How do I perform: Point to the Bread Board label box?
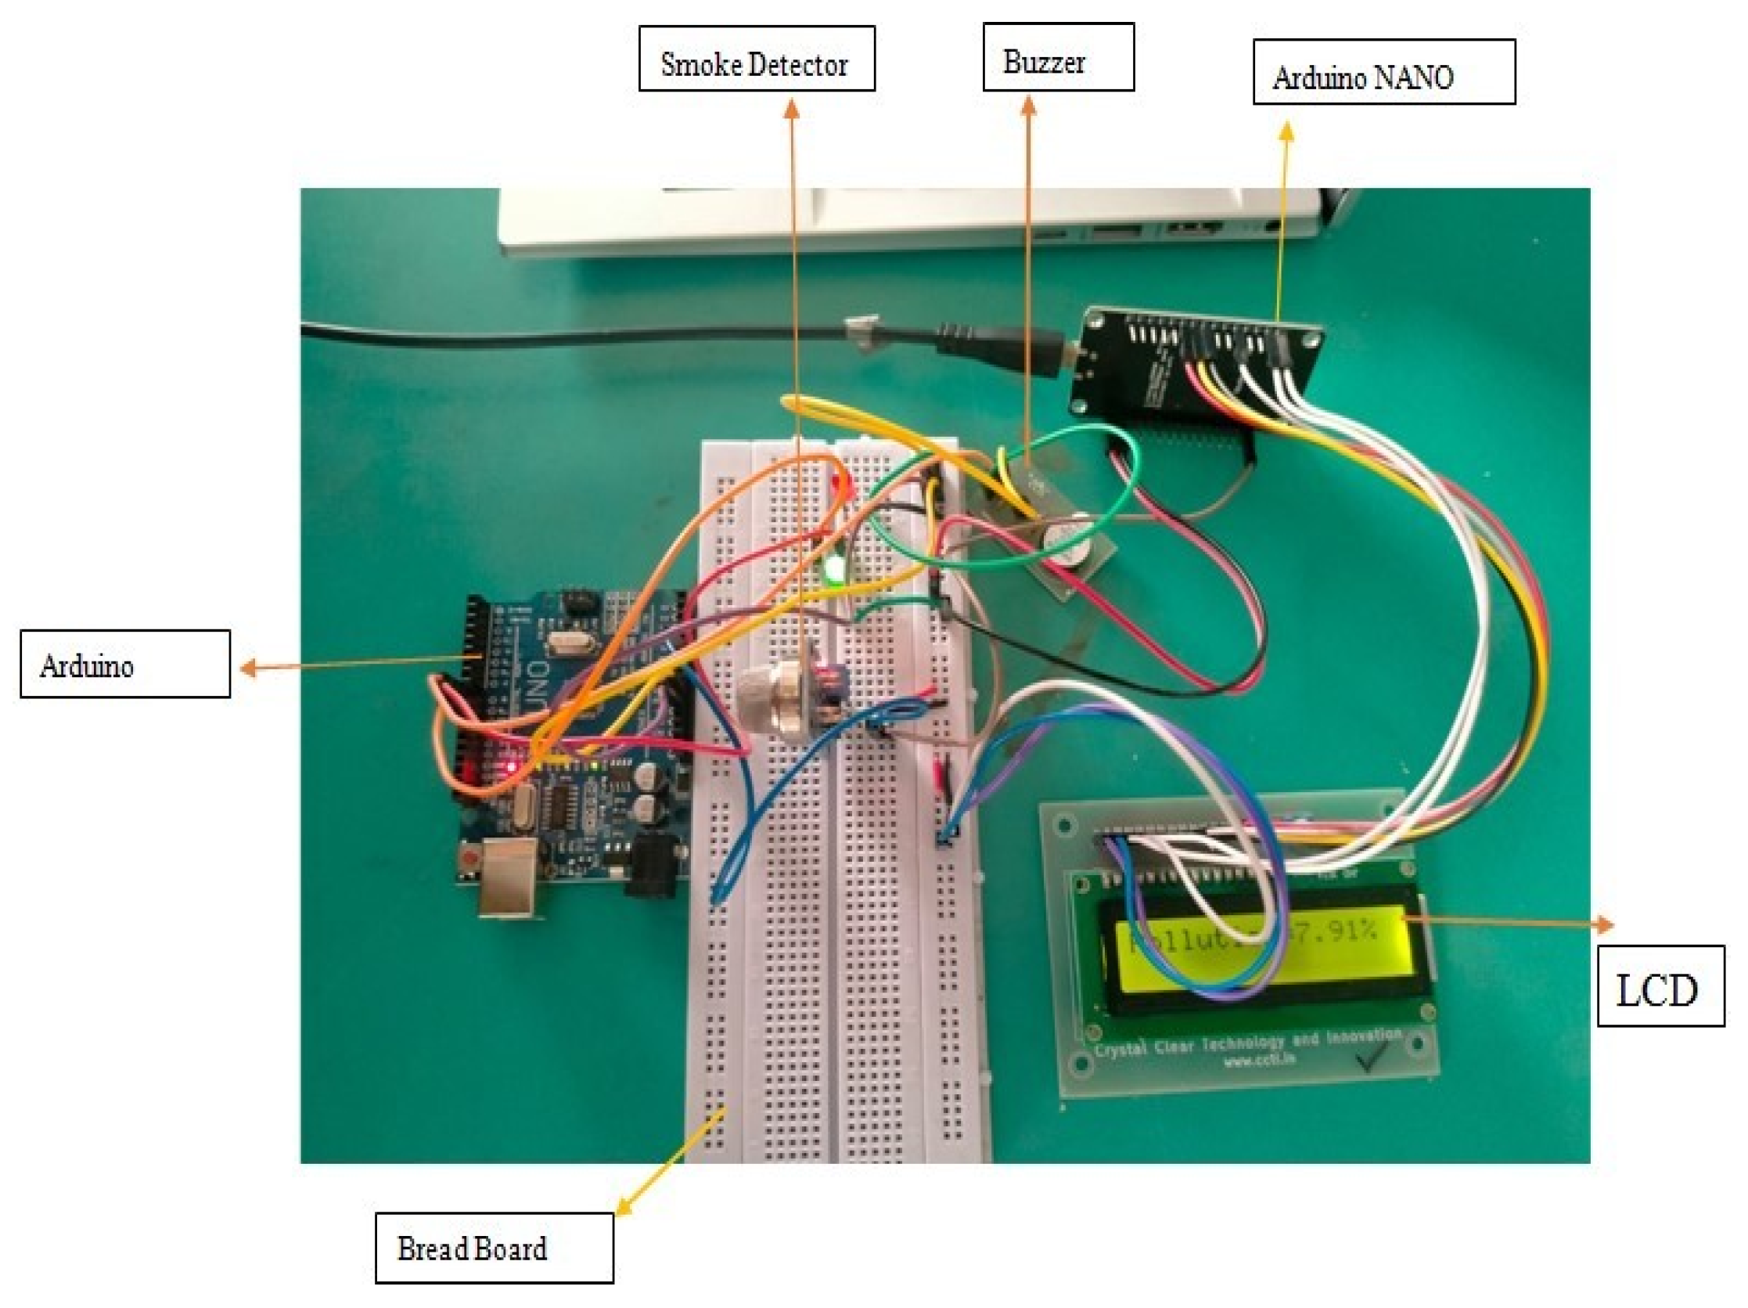point(493,1248)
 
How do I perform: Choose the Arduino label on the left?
point(125,664)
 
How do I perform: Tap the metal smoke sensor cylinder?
point(779,699)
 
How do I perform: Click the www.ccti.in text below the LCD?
point(1260,1059)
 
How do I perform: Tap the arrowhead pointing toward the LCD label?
point(1604,924)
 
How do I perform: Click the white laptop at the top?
point(908,222)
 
